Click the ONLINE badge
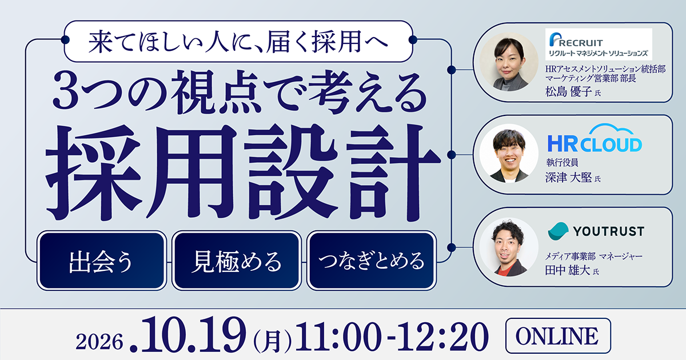click(558, 336)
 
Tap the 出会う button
click(102, 261)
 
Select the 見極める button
click(237, 261)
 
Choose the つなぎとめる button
click(372, 261)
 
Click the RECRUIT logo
click(599, 44)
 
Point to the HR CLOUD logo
click(595, 138)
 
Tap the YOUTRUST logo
click(596, 231)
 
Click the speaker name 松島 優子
click(568, 91)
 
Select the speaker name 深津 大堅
click(568, 178)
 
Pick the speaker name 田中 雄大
click(568, 270)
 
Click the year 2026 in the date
click(99, 341)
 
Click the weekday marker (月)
click(272, 340)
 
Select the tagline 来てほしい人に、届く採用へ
click(238, 42)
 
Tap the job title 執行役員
click(562, 162)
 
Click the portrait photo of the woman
click(509, 62)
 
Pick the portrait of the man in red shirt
click(509, 247)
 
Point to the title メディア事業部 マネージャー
click(593, 256)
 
